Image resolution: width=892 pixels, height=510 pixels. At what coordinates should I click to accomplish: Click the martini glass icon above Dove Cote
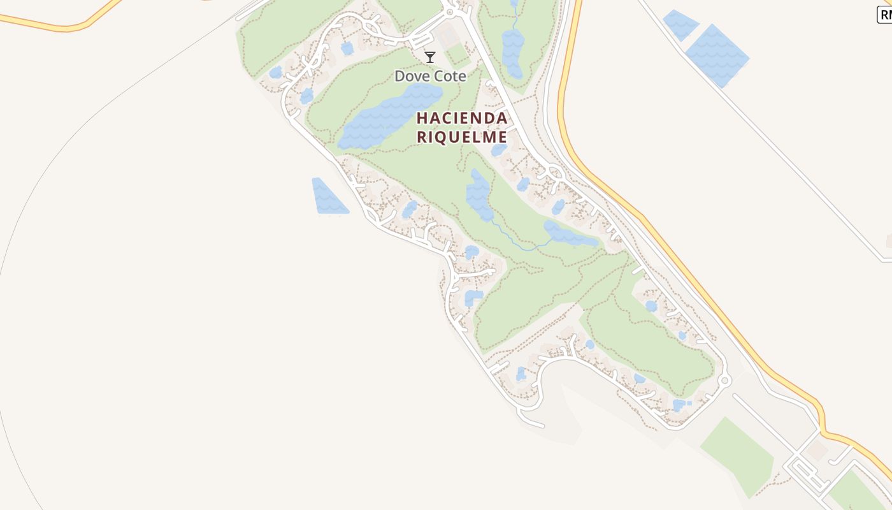click(430, 57)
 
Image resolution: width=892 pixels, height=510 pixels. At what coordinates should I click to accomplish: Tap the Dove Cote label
click(430, 76)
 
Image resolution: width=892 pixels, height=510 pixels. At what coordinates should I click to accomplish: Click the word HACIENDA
click(462, 119)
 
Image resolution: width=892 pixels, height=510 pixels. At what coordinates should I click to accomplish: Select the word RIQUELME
click(462, 137)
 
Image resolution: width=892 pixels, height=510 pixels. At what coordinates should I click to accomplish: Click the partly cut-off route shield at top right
click(884, 16)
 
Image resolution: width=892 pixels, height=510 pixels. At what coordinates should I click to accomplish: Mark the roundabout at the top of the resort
click(450, 11)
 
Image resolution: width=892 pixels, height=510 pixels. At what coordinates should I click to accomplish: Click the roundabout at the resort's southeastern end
click(724, 381)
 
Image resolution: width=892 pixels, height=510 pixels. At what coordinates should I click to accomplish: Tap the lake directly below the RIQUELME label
click(479, 194)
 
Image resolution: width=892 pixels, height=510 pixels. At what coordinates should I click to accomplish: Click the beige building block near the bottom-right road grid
click(815, 451)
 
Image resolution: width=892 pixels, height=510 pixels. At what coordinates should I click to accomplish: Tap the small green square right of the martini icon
click(457, 55)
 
